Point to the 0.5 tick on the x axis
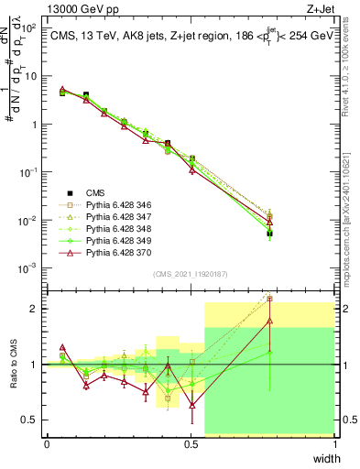coord(191,444)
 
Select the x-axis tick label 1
coord(334,444)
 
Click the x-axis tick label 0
coord(47,444)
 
